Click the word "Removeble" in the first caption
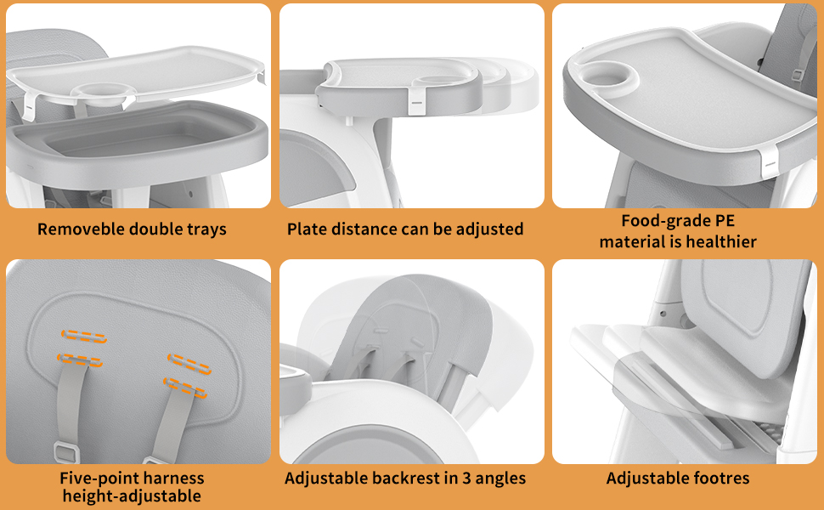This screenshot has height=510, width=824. (81, 229)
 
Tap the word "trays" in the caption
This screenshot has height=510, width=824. (206, 229)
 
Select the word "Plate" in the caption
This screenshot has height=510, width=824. (307, 229)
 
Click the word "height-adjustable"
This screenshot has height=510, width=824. (132, 496)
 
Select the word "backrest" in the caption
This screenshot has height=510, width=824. (407, 479)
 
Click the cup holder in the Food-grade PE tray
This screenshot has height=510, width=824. (610, 76)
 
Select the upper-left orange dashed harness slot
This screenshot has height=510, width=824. (83, 335)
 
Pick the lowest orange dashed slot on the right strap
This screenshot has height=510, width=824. (186, 394)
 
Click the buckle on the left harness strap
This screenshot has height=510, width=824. (61, 449)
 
